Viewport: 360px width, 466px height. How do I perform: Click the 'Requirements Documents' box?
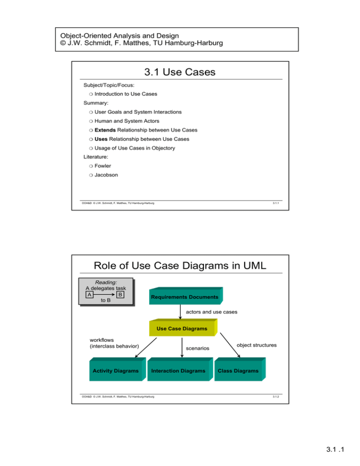click(184, 297)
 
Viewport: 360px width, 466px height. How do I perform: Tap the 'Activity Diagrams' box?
click(115, 371)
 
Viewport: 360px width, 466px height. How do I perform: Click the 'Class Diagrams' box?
click(240, 371)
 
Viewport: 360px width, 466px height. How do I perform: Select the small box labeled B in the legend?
click(120, 295)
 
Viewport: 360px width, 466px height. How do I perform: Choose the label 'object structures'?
click(256, 345)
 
